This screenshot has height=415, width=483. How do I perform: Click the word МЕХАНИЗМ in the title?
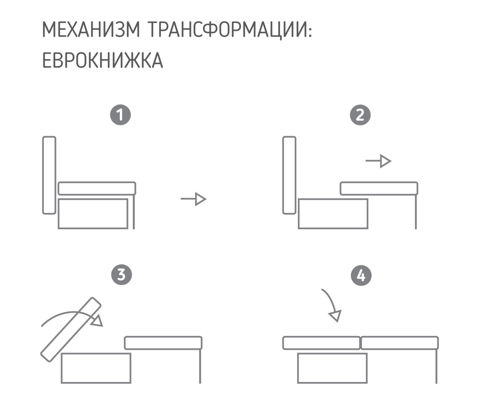point(91,30)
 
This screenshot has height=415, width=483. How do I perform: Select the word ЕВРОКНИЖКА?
point(102,60)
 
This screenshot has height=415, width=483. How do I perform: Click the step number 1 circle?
point(120,115)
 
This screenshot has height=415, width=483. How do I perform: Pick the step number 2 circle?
point(360,115)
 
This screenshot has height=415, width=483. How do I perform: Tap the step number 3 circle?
point(121,275)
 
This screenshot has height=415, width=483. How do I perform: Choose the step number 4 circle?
point(361,276)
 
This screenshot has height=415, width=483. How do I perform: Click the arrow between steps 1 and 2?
point(193,199)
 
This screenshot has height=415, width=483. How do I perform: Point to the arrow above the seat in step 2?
point(379,161)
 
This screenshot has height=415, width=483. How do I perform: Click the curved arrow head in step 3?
point(97,321)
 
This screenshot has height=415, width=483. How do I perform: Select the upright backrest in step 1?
point(49,175)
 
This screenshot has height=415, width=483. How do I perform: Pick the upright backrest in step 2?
point(289,175)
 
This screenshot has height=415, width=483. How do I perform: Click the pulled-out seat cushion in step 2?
point(379,188)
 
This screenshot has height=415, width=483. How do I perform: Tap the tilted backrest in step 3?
point(71,330)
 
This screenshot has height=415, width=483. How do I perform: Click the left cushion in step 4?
point(322,343)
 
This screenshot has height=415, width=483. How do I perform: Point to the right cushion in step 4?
point(400,343)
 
